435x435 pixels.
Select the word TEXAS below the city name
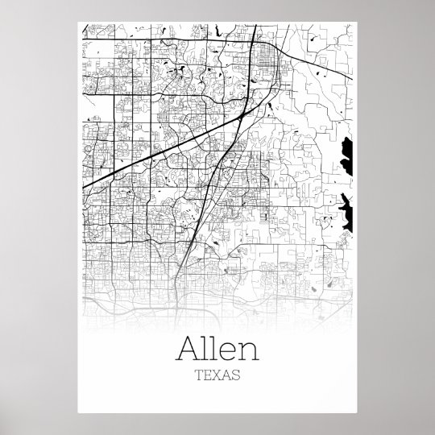(215, 375)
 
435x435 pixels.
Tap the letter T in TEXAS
(197, 375)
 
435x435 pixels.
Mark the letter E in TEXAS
(206, 375)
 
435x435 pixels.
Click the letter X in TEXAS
(215, 375)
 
